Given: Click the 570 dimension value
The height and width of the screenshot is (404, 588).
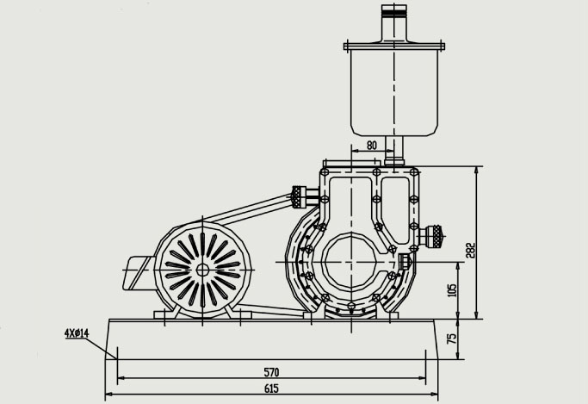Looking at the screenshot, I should (x=271, y=372).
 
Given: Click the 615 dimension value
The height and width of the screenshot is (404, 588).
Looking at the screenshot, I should (x=271, y=389).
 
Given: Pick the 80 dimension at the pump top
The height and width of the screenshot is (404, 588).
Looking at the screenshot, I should (x=371, y=146).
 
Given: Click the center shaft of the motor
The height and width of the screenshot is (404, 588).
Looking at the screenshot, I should (x=202, y=269).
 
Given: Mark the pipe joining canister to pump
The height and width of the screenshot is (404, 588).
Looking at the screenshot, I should (x=394, y=153).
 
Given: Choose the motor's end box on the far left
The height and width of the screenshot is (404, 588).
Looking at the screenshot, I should (x=138, y=274).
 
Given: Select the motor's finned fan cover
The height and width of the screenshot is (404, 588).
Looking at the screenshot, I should (x=202, y=269).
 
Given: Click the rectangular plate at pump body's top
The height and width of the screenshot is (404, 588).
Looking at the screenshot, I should (x=370, y=163).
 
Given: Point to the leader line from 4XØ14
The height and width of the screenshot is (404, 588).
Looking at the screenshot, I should (x=107, y=346).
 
